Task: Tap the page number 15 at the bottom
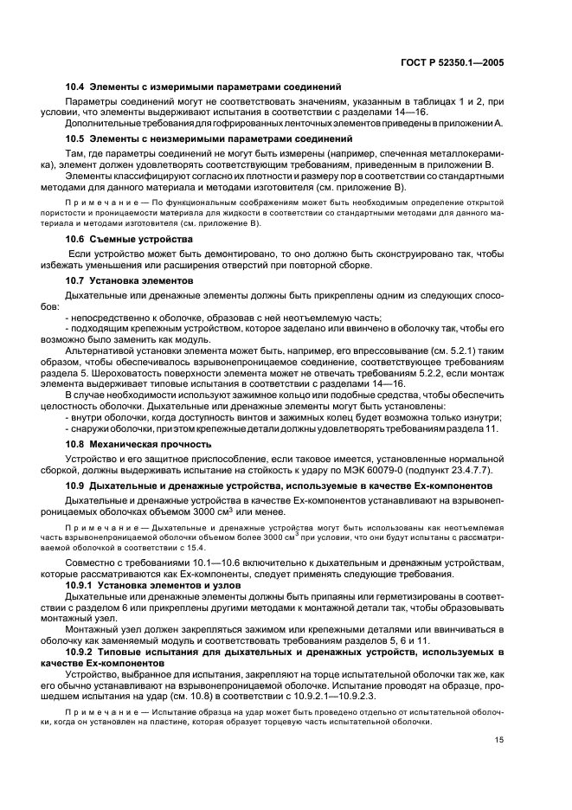pyautogui.click(x=499, y=740)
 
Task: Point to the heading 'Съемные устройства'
pyautogui.click(x=128, y=238)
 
